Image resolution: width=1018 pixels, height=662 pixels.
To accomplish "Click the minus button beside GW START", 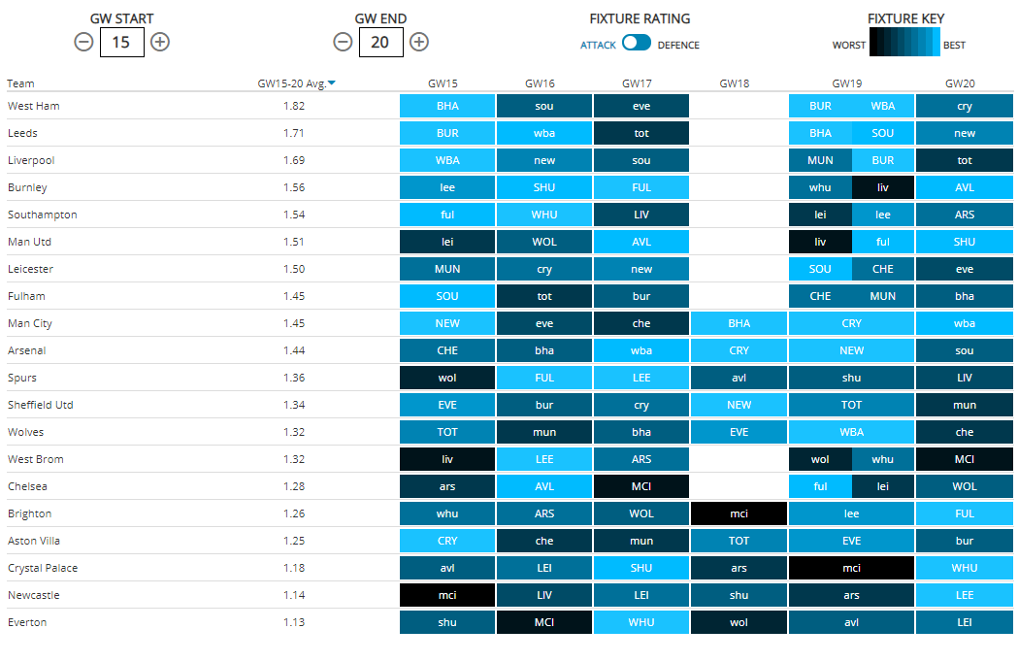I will point(84,42).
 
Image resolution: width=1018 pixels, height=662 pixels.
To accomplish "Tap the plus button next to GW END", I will point(419,42).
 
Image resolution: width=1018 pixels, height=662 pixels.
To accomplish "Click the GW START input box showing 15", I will point(122,42).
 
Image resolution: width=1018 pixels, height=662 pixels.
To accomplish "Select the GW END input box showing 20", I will point(380,42).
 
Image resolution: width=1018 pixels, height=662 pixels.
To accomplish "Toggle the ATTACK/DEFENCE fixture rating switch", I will point(637,43).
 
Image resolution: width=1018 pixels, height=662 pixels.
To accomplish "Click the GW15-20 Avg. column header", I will point(296,83).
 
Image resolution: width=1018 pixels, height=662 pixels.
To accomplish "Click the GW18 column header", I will point(739,83).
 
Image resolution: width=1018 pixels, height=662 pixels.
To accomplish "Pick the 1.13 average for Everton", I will point(293,622).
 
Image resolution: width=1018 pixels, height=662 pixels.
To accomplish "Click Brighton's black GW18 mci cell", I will point(739,513).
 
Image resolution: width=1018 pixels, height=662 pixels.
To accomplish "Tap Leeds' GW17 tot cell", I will point(641,133).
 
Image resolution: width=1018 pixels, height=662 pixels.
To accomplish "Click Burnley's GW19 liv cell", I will point(882,187).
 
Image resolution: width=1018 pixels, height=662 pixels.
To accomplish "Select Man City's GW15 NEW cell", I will point(447,323).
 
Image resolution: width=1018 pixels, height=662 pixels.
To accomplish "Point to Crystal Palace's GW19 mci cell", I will point(851,568).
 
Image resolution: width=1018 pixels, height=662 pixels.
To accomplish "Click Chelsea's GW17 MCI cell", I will point(641,486).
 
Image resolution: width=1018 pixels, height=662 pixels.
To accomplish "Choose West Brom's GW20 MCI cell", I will point(964,459).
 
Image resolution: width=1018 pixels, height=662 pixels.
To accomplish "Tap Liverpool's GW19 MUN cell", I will point(820,160).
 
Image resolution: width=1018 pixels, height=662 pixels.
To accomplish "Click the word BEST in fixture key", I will point(954,45).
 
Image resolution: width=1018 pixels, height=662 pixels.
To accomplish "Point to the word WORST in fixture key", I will point(849,45).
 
